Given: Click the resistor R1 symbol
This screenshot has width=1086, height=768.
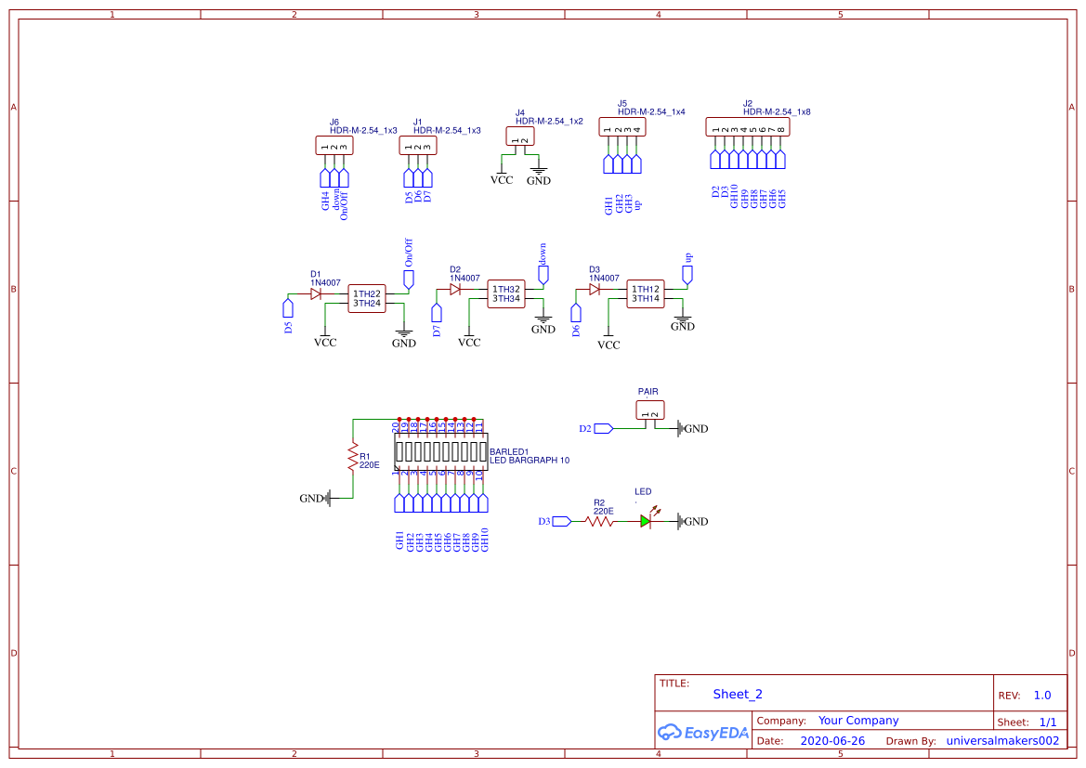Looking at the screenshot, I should click(x=352, y=457).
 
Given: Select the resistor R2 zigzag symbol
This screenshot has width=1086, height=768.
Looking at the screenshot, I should click(x=599, y=522).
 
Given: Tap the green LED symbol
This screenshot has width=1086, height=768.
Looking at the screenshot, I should click(x=646, y=522).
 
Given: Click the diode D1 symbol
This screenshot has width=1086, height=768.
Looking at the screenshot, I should click(x=316, y=293).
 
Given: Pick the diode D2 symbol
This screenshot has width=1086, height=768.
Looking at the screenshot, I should click(x=455, y=289).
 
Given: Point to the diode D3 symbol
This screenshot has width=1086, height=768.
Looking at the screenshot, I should click(x=594, y=289).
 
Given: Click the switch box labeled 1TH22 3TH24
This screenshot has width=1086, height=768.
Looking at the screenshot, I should click(x=367, y=298).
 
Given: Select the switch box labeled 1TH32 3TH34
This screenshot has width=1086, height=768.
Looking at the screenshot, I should click(x=506, y=293).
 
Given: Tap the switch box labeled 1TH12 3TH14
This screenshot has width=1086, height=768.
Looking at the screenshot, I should click(x=646, y=293).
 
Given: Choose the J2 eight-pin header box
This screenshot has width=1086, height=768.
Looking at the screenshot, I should click(x=748, y=127).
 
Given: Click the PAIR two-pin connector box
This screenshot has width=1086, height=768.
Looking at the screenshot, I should click(x=650, y=410).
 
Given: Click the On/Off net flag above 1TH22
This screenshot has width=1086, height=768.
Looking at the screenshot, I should click(x=408, y=278).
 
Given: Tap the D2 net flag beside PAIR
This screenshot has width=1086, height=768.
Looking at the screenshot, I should click(x=603, y=428).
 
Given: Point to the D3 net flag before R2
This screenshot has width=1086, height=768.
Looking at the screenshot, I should click(x=561, y=522).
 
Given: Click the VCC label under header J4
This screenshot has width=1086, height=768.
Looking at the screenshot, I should click(x=501, y=180).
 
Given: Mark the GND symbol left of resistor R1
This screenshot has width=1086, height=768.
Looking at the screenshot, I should click(x=317, y=499).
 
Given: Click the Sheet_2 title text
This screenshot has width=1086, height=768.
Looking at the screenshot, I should click(x=738, y=694).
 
